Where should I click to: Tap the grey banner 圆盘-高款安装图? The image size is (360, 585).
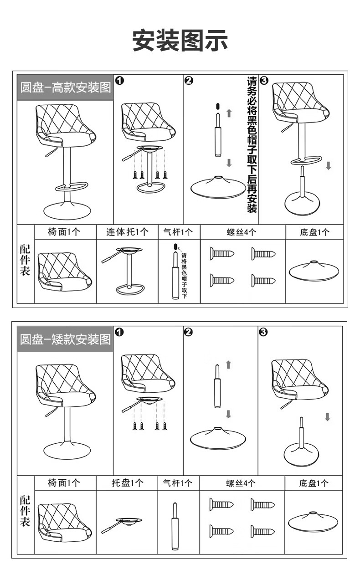tap(65, 87)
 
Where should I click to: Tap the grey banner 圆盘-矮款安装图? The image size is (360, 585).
tap(65, 339)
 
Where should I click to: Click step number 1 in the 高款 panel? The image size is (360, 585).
tap(119, 80)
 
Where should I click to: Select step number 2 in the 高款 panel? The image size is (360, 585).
tap(189, 81)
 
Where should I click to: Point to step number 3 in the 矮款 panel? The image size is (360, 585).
tap(263, 332)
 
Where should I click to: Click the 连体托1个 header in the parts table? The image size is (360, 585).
tap(127, 232)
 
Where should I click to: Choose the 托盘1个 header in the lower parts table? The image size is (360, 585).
tap(127, 483)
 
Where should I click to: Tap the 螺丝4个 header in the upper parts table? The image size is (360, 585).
tap(242, 232)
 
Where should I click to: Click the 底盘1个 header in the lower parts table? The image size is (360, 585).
tap(314, 483)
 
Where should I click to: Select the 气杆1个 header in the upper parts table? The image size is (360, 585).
tap(178, 232)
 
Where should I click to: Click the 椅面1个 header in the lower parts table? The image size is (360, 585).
tap(64, 483)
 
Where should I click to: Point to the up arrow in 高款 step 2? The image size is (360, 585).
tap(229, 113)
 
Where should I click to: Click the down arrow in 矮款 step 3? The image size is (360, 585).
tap(327, 416)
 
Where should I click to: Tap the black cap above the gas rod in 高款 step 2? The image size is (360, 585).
tap(217, 106)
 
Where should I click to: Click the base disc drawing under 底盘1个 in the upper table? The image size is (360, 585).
tap(314, 271)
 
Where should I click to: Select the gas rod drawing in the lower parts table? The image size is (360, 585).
tap(175, 525)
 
